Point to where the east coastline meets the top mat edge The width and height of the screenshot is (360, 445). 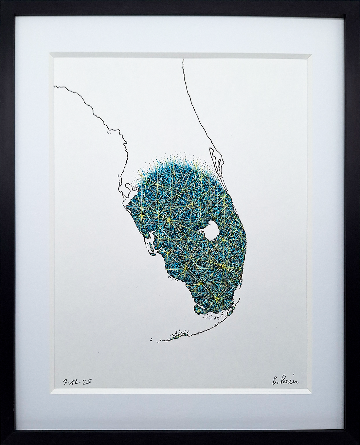click(x=183, y=59)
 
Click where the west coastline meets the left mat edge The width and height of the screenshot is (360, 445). click(x=54, y=86)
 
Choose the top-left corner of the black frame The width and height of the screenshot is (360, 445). click(x=2, y=2)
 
